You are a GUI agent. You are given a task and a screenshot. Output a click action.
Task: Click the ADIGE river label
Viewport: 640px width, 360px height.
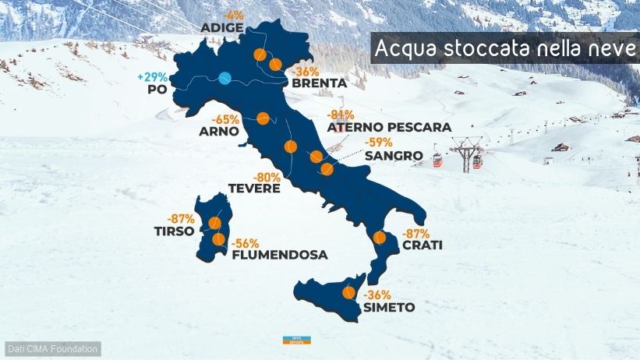coord(223,28)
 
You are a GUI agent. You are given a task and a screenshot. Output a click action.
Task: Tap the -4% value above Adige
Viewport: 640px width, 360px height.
coord(233,15)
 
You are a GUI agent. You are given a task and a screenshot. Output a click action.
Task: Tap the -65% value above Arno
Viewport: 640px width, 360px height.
coord(226,119)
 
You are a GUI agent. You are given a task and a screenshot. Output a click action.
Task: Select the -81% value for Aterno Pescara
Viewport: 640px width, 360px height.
coord(341,115)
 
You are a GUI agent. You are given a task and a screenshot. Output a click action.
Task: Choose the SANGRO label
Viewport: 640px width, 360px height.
coord(394,156)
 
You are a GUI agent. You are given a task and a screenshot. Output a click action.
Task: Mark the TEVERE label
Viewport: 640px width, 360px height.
coord(254,188)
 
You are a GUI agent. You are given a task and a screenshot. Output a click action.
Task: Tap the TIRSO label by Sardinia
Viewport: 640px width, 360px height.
coord(172,231)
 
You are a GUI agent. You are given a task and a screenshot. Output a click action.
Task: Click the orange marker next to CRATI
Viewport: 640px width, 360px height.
coord(381,238)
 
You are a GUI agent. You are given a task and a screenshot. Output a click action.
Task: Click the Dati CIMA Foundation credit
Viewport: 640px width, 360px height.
coord(52,348)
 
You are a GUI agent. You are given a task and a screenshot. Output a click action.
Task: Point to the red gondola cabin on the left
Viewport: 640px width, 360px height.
coord(438,161)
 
